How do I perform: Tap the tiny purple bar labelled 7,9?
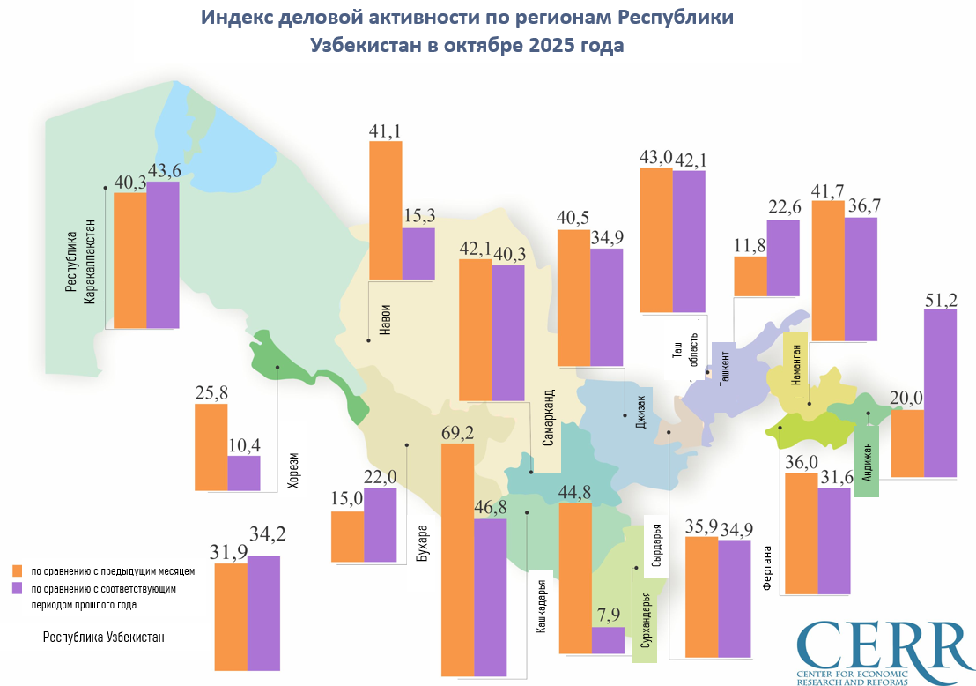[x=608, y=640]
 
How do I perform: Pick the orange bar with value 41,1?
[x=385, y=210]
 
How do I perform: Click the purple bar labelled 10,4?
[x=244, y=473]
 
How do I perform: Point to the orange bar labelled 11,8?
[x=750, y=276]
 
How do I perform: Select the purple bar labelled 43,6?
[x=163, y=255]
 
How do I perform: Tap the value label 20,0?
[x=906, y=398]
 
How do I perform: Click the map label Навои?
[x=385, y=320]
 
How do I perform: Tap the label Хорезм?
[x=294, y=470]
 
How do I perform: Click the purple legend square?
[x=17, y=588]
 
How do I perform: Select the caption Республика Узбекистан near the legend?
[x=104, y=637]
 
